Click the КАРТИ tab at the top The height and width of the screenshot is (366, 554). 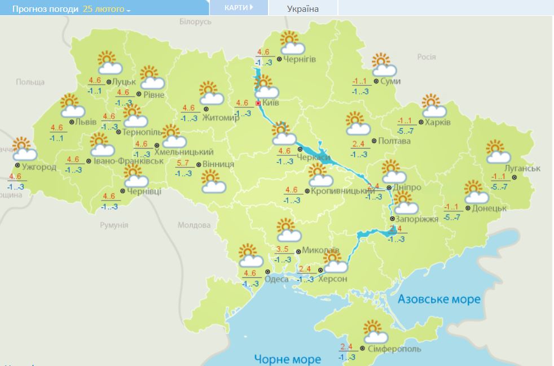click(x=237, y=8)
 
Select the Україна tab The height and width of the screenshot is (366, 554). click(x=302, y=8)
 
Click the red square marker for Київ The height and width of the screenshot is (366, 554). click(x=258, y=103)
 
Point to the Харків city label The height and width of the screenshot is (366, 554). click(x=438, y=122)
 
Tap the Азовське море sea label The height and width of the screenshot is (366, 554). click(x=439, y=299)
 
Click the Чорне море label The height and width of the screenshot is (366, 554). click(x=287, y=359)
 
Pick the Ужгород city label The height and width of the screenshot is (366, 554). click(x=39, y=167)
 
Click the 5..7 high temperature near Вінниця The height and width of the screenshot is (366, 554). click(x=183, y=164)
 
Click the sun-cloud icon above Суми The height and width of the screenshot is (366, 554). click(x=384, y=65)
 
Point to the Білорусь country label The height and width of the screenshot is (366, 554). click(x=195, y=21)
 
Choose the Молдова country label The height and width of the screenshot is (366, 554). click(x=194, y=225)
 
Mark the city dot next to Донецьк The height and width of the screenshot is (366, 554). click(x=468, y=208)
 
